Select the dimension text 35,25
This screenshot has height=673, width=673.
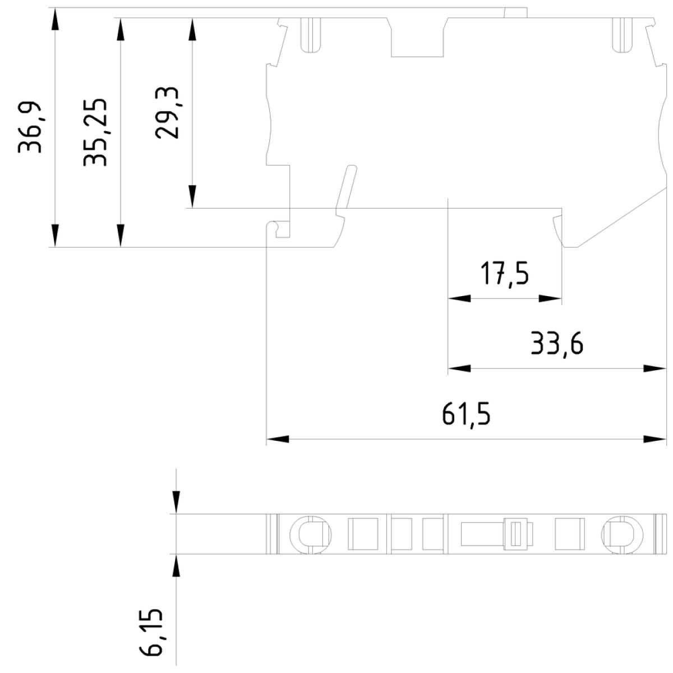point(95,132)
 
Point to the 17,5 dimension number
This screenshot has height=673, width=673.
point(505,274)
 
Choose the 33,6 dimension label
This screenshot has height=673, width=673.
point(557,344)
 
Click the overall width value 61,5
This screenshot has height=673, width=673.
point(466,415)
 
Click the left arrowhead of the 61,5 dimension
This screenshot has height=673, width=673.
point(278,439)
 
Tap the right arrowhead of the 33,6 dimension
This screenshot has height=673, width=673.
point(654,368)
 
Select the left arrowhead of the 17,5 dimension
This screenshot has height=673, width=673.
point(459,298)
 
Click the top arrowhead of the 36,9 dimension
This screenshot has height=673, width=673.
point(55,19)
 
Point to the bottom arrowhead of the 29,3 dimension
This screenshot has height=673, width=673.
point(192,197)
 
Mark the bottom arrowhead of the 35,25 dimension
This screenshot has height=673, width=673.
point(121,236)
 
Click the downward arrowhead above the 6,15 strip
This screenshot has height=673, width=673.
point(176,503)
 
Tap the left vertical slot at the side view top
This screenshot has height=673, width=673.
point(311,35)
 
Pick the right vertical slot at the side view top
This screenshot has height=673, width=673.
point(623,35)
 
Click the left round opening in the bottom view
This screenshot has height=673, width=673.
point(311,534)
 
